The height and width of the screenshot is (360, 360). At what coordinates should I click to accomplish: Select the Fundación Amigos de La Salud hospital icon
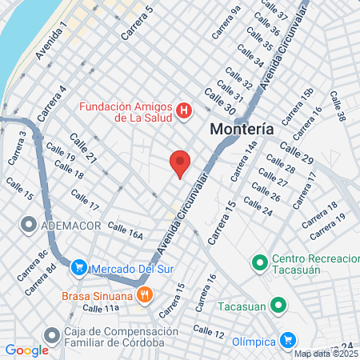pyautogui.click(x=184, y=110)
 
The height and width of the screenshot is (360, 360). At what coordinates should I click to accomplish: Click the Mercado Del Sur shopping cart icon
pyautogui.click(x=78, y=268)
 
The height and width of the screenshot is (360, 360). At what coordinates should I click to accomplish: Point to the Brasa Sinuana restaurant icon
pyautogui.click(x=144, y=294)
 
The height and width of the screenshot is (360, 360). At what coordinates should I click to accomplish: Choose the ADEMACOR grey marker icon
pyautogui.click(x=30, y=225)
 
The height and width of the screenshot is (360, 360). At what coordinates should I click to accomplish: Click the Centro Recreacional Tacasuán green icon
pyautogui.click(x=259, y=261)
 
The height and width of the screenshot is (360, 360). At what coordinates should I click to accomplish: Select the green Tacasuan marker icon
pyautogui.click(x=278, y=304)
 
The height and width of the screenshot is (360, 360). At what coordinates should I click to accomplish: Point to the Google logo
pyautogui.click(x=26, y=350)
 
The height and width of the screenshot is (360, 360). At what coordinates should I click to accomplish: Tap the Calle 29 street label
pyautogui.click(x=298, y=151)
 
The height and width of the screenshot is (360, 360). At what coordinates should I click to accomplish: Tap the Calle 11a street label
pyautogui.click(x=101, y=308)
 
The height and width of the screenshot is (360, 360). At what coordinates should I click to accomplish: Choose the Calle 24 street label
pyautogui.click(x=258, y=207)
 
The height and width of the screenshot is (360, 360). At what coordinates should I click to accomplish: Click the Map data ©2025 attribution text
pyautogui.click(x=326, y=354)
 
